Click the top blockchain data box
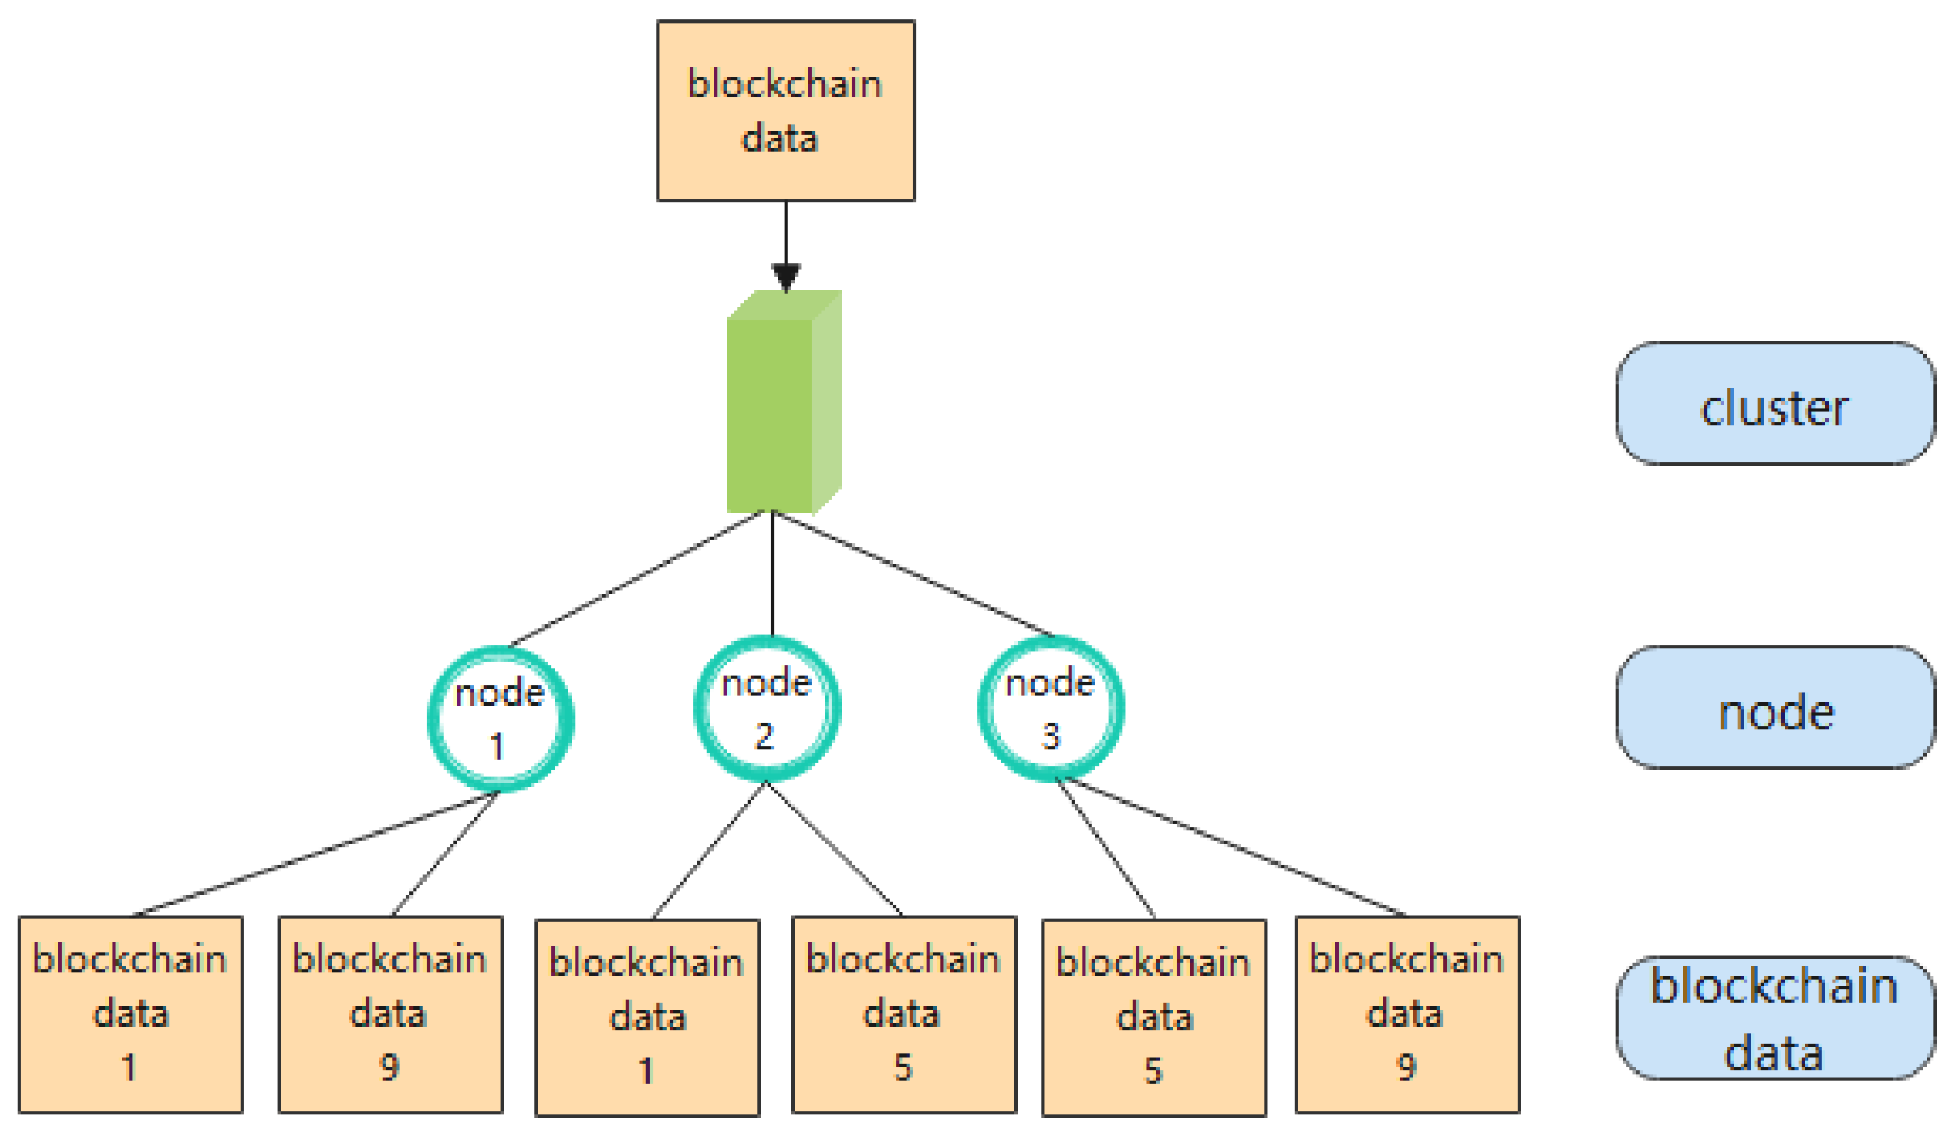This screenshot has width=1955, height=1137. [785, 110]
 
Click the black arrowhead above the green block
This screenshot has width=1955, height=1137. [785, 276]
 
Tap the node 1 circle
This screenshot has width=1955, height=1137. [499, 718]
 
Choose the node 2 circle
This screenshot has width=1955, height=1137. [766, 708]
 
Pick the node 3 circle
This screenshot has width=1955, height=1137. [1050, 708]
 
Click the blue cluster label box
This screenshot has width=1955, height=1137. [1774, 403]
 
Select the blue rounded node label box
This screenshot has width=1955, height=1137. [1774, 706]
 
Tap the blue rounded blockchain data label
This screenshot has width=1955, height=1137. [1774, 1017]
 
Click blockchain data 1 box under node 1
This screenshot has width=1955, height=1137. [131, 1014]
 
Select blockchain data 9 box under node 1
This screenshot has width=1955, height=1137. [390, 1014]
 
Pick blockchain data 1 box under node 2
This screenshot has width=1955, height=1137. [646, 1017]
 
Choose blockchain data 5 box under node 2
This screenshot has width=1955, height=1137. [903, 1014]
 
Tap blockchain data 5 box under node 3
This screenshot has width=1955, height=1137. [1153, 1017]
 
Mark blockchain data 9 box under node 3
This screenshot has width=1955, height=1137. [1406, 1014]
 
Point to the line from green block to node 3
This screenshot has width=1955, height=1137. [912, 573]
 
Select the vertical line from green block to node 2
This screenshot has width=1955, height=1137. [772, 576]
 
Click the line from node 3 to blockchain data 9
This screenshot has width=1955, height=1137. [1233, 846]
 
